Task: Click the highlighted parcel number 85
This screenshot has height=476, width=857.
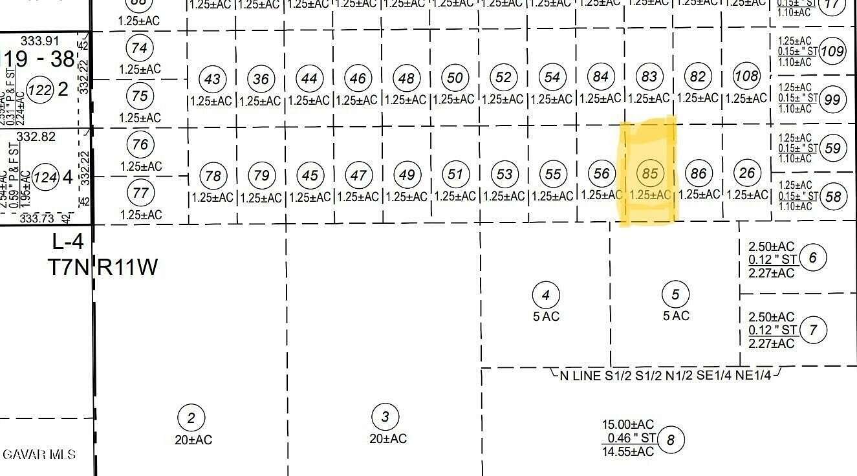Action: [x=649, y=173]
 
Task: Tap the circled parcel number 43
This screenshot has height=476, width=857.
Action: [x=212, y=80]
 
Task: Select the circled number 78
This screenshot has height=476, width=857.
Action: [x=213, y=176]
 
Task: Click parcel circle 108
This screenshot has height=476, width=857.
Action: [x=746, y=76]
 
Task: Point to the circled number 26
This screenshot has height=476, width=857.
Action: [x=746, y=173]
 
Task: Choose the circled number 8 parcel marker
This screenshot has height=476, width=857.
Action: [x=670, y=440]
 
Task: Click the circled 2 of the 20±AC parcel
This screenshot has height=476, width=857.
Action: [x=191, y=418]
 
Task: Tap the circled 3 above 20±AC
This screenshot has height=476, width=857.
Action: [x=385, y=416]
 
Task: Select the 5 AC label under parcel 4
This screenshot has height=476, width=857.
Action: [x=546, y=316]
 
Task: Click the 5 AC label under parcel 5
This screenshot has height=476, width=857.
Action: [x=676, y=316]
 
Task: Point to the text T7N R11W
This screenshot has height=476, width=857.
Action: [x=103, y=266]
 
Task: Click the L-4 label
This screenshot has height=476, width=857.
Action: [x=68, y=242]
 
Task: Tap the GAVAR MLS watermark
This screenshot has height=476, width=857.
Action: [x=39, y=455]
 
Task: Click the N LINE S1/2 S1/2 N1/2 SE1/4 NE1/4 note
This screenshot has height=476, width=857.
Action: [x=666, y=375]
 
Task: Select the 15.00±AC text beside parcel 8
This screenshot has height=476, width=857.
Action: [x=628, y=424]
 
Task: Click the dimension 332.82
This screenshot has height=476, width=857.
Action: [x=36, y=136]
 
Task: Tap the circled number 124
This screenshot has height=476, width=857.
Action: [x=45, y=177]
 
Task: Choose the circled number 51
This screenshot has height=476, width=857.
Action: [x=455, y=175]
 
